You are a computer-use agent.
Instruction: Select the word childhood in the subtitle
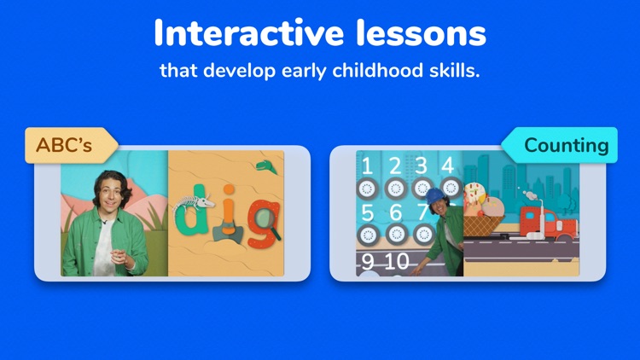click(x=365, y=70)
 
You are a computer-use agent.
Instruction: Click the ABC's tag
click(x=65, y=145)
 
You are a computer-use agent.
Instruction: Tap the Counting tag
click(x=566, y=145)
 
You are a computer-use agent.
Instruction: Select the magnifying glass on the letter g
click(x=265, y=218)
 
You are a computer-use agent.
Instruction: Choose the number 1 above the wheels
click(x=367, y=165)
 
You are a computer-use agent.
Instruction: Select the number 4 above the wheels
click(x=446, y=165)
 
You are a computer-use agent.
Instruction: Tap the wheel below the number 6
click(x=395, y=233)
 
